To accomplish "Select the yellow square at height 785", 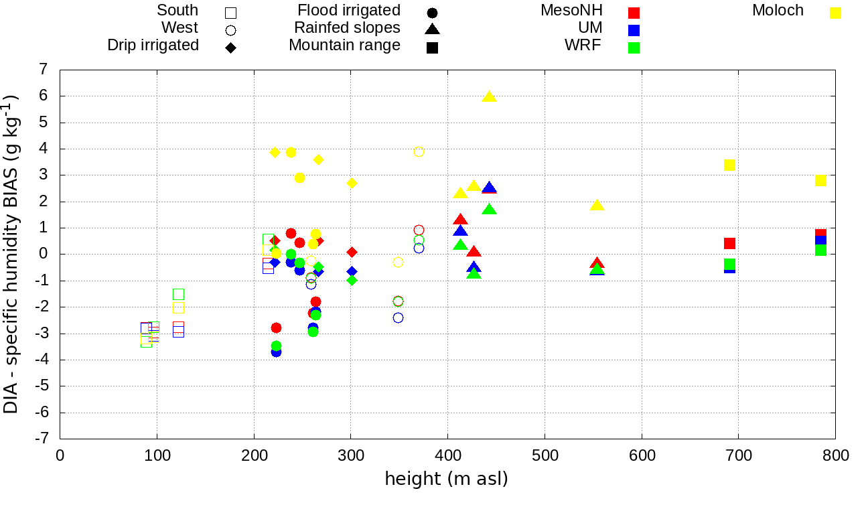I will (820, 181).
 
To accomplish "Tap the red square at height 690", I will (729, 243).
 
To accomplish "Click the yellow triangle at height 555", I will (597, 205).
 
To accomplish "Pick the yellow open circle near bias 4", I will (419, 152).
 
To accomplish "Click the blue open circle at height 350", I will (398, 317).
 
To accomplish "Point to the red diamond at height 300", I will (352, 252).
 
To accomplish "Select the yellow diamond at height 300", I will (352, 184).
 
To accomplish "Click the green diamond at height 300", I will (352, 280).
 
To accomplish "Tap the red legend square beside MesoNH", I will (634, 13).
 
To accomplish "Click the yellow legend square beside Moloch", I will (835, 13).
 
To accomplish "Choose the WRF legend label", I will (583, 46).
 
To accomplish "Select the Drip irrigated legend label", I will (153, 46).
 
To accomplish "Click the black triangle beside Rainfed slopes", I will (432, 29).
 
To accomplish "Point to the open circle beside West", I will (230, 30).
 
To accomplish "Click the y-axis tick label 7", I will (44, 70).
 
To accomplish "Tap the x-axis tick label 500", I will (545, 456).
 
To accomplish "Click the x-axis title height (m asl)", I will (446, 480).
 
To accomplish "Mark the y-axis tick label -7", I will (41, 439).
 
